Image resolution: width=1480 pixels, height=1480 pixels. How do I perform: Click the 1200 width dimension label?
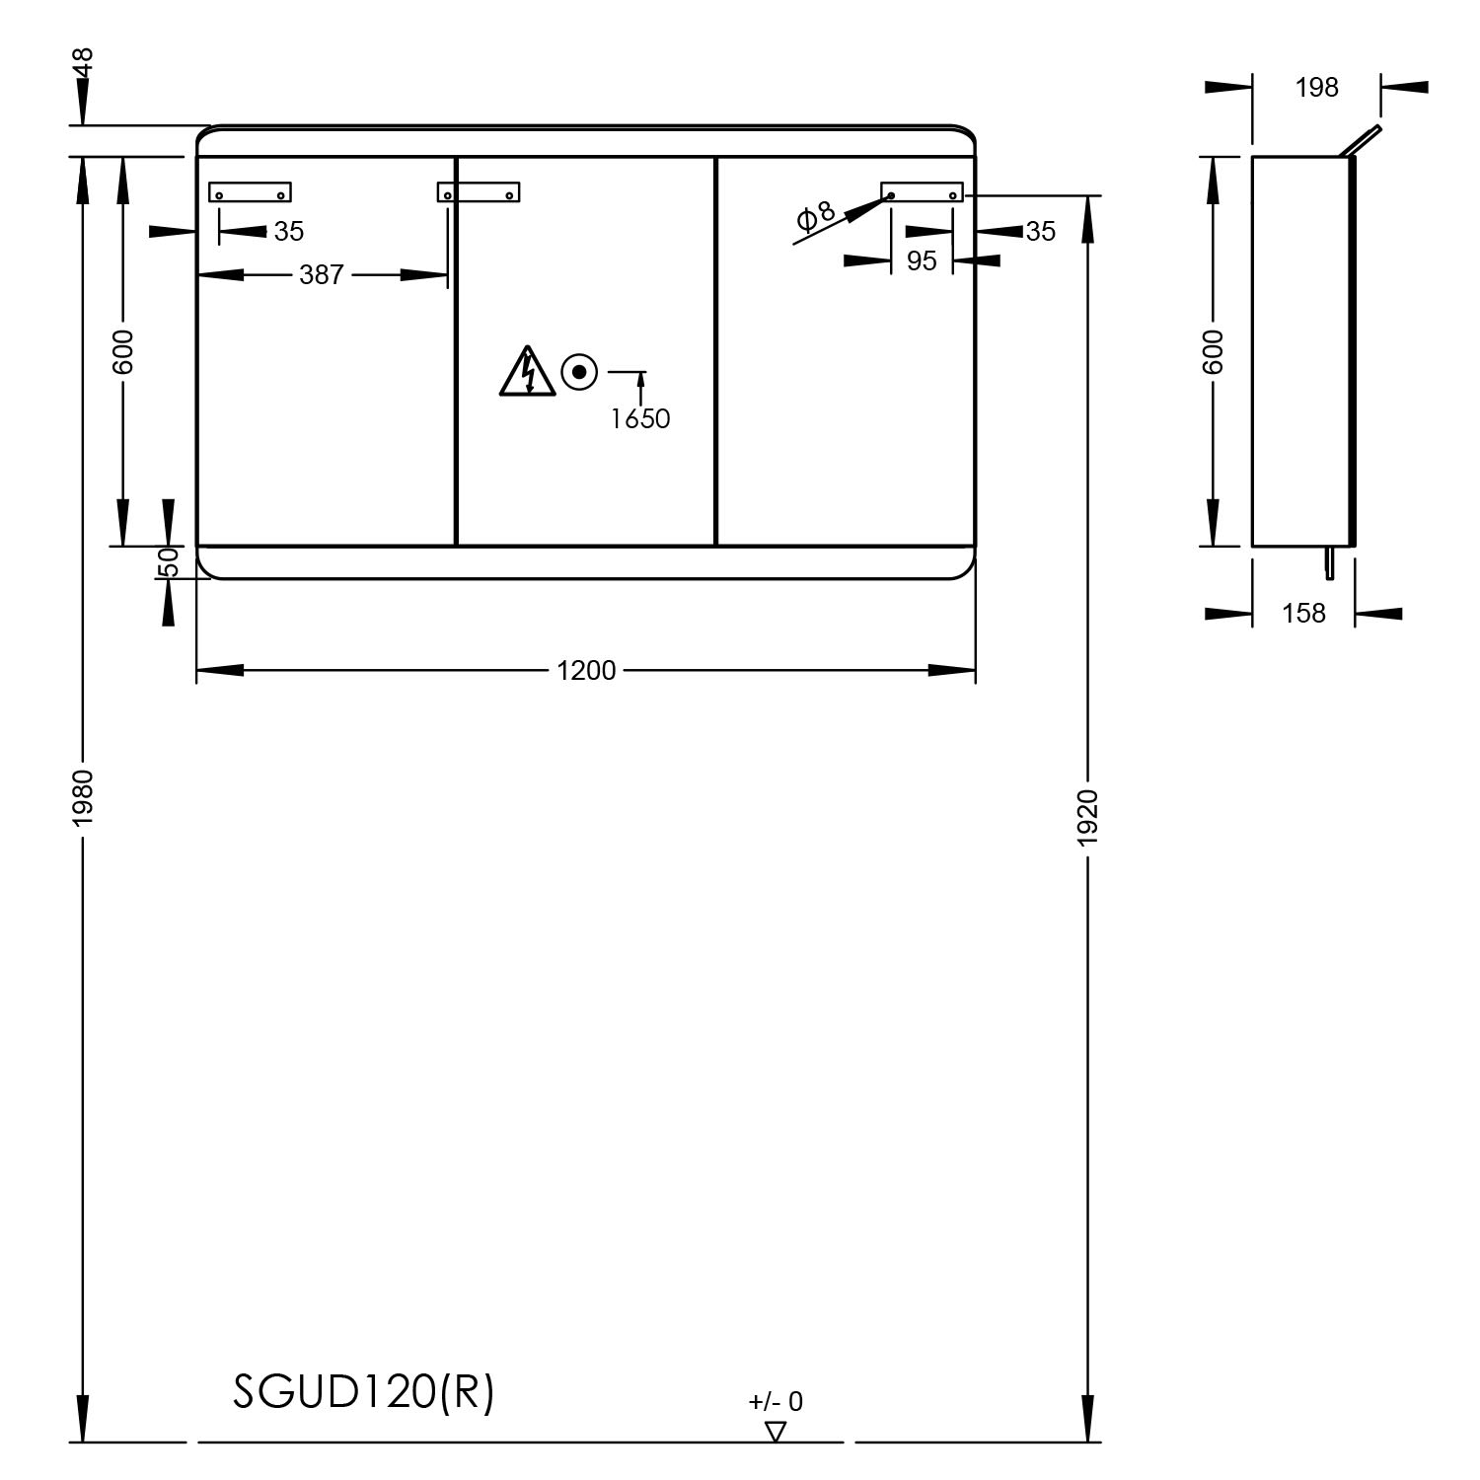click(x=586, y=671)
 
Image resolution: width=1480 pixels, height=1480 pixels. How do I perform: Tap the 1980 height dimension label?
click(x=83, y=798)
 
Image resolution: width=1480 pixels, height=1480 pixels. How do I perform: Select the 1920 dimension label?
click(x=1087, y=818)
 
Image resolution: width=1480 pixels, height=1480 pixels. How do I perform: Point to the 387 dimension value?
click(x=322, y=274)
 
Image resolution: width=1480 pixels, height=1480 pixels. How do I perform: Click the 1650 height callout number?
click(x=639, y=419)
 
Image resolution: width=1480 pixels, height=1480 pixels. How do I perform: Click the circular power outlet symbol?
click(x=579, y=372)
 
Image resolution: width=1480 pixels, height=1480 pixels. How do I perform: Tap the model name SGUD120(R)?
click(x=363, y=1392)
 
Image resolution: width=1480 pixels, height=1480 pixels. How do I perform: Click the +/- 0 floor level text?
click(x=776, y=1401)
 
